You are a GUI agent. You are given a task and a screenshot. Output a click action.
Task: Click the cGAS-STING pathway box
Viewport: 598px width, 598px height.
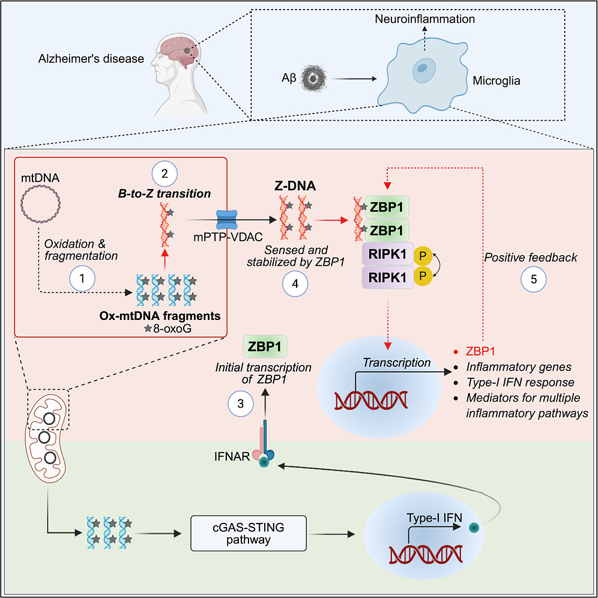236,533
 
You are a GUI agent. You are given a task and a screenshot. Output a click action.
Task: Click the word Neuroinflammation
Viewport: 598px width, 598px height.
424,19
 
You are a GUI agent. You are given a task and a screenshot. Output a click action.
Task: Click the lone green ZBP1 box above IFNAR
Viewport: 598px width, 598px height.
265,348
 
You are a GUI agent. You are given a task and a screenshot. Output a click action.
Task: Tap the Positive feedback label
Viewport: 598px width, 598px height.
531,258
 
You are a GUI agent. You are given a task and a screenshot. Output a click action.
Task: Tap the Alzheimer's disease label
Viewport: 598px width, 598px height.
91,59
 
